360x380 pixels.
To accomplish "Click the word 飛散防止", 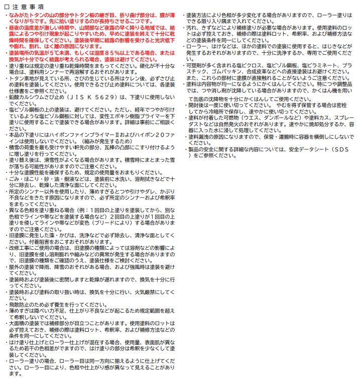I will click(19, 305).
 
